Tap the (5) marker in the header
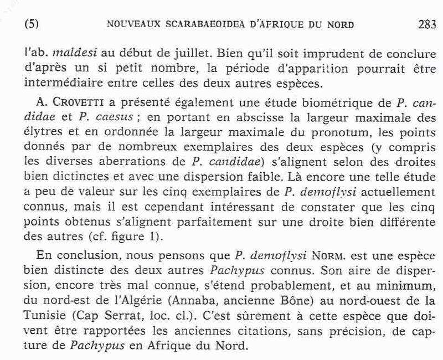point(33,25)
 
